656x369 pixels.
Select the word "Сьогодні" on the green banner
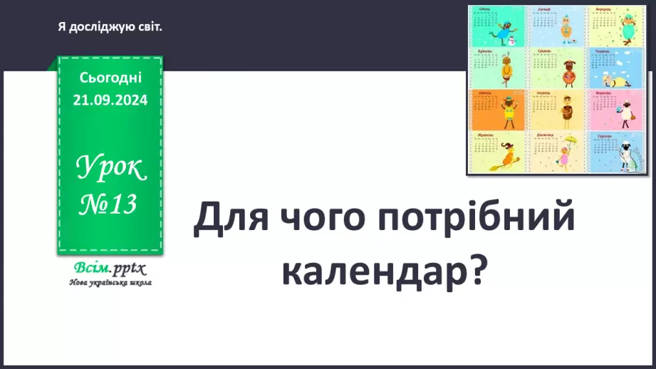click(110, 76)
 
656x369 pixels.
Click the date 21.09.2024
click(110, 100)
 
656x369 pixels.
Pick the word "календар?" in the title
click(385, 271)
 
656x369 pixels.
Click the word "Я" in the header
click(62, 27)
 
